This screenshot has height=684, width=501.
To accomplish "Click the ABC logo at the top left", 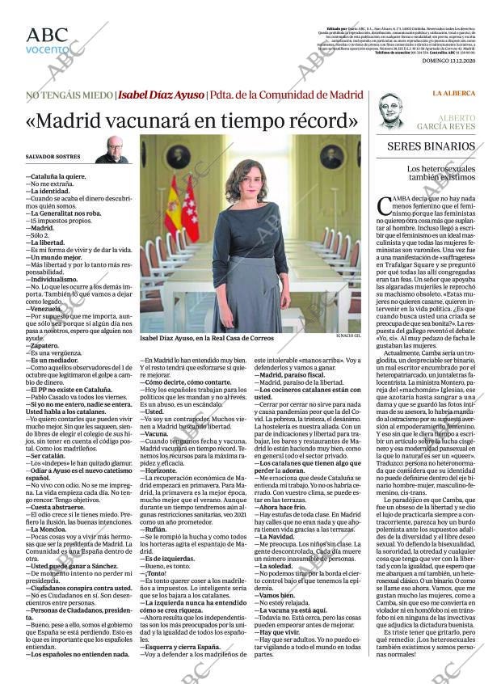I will (x=47, y=35).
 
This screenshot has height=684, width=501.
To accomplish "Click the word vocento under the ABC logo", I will (x=47, y=49).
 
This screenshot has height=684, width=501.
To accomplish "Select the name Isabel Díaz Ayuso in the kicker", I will (x=161, y=95).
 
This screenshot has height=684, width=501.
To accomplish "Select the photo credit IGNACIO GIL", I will (x=347, y=336).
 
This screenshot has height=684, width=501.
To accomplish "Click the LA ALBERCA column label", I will (x=453, y=93).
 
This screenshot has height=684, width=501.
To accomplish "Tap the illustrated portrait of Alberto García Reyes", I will (x=392, y=112).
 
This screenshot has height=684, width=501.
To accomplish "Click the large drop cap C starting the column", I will (x=385, y=206).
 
